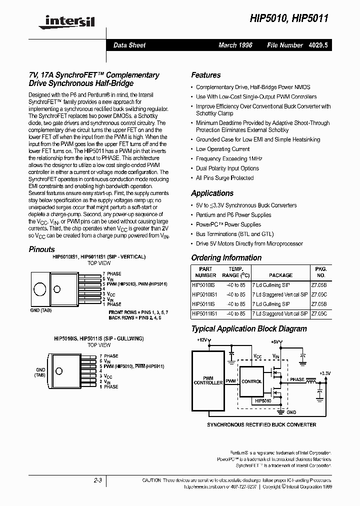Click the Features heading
click(206, 75)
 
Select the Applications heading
click(212, 193)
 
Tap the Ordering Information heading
click(226, 257)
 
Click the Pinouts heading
click(41, 249)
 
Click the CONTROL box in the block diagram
click(251, 381)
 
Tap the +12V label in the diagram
click(201, 340)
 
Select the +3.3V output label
click(324, 373)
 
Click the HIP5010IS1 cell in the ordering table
click(205, 294)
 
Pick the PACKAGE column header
click(280, 275)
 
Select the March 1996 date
click(235, 45)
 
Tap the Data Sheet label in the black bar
click(129, 45)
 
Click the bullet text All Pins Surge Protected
click(224, 178)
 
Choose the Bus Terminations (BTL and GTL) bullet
click(235, 234)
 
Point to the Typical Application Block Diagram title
click(249, 328)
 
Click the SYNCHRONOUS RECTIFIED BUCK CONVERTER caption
click(261, 424)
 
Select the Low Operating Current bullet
click(222, 149)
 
